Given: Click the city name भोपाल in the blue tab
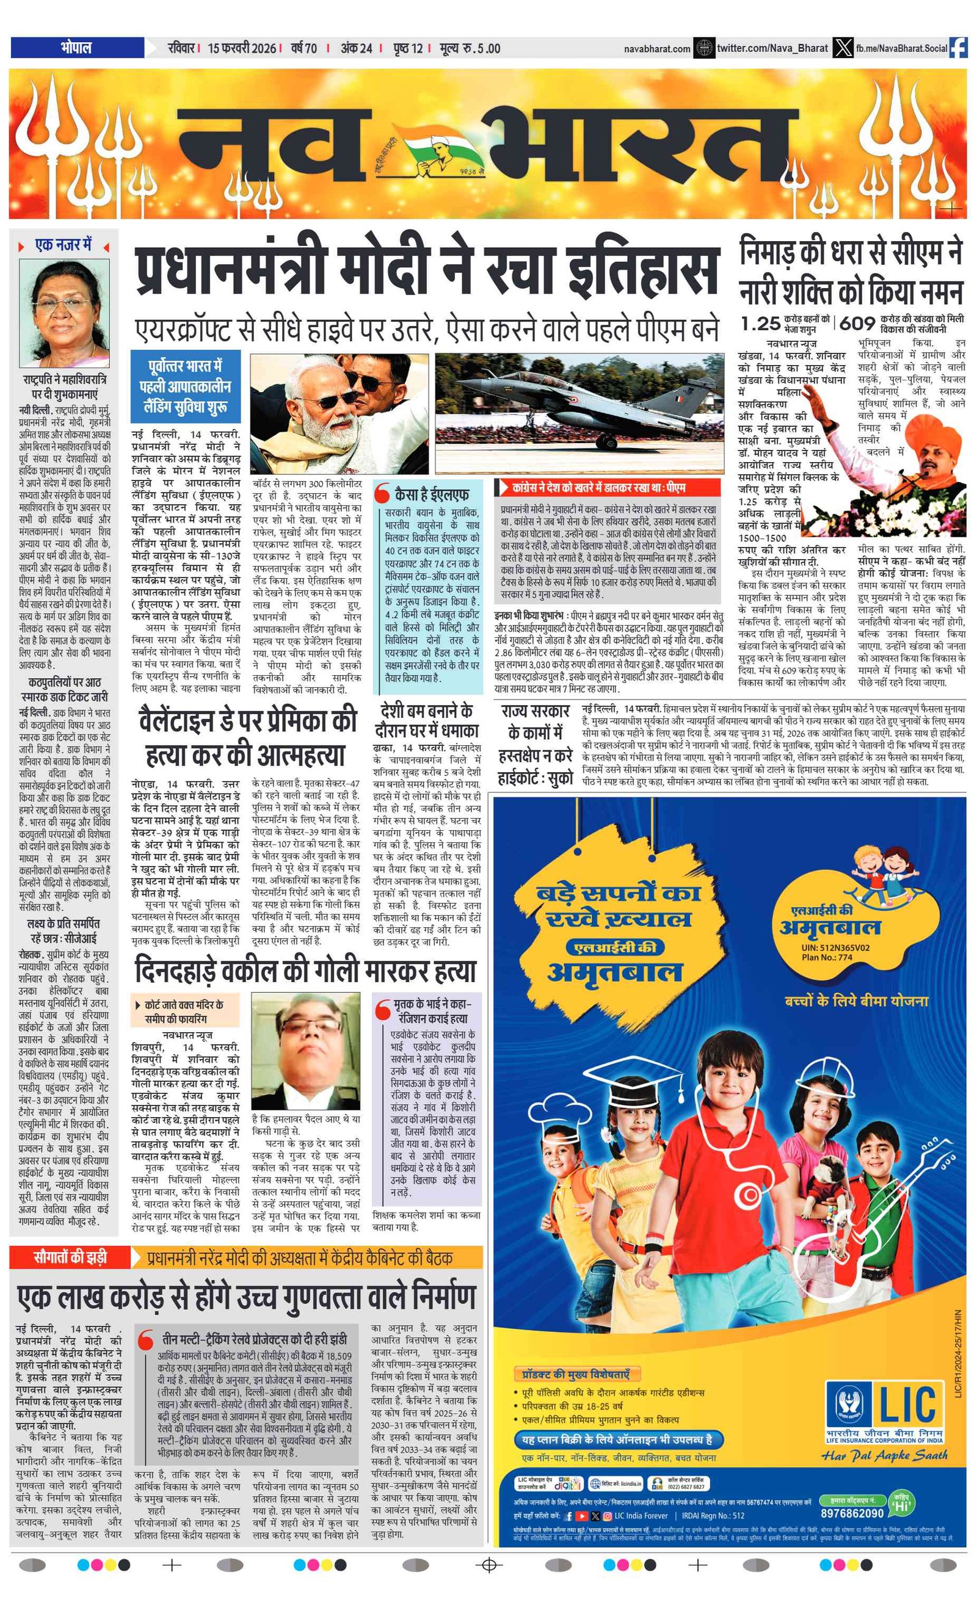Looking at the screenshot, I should point(76,47).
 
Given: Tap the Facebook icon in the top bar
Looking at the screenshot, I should point(958,48).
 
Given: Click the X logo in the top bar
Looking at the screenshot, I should point(843,48).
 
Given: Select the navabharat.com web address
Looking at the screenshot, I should point(656,48).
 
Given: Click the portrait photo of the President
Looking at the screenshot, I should point(64,314).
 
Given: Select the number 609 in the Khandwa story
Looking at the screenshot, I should point(858,323).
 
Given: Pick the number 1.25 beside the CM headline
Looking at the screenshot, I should point(760,323).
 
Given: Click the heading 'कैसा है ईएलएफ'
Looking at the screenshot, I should point(431,493).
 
